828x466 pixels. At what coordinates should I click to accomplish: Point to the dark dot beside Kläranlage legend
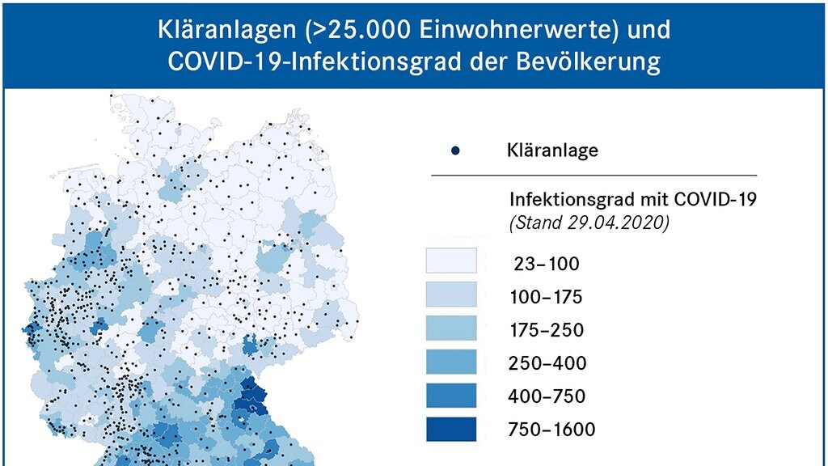point(455,150)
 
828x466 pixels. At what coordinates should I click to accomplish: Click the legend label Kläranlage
point(552,150)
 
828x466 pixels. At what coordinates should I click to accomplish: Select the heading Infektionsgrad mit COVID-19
point(632,200)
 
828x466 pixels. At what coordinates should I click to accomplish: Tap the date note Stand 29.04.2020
point(589,223)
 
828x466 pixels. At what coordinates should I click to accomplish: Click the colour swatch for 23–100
point(452,261)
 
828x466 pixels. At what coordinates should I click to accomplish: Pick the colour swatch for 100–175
point(452,295)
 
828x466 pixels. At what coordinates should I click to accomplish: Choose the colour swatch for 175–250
point(452,328)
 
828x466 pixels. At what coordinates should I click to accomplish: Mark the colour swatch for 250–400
point(452,362)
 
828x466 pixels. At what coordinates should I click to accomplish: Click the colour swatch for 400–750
point(452,396)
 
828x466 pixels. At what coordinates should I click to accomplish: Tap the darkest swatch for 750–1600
point(452,429)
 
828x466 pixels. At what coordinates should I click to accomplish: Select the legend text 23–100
point(546,264)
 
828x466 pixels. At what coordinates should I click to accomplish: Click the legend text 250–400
point(547,363)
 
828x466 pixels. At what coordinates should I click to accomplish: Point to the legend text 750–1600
point(552,430)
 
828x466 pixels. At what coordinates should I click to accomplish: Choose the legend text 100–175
point(546,297)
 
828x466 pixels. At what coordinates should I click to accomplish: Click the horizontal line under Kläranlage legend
point(594,175)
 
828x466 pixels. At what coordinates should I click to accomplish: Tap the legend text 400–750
point(547,396)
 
